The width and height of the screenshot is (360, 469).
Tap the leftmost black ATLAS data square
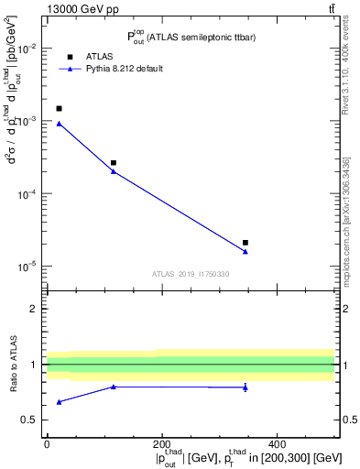tap(60, 108)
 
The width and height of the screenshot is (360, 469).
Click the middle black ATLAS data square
tap(114, 163)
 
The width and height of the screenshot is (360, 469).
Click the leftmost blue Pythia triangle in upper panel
tap(60, 124)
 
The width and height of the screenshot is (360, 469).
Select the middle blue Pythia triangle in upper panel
tap(114, 171)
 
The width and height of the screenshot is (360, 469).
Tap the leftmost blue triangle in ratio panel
tap(60, 402)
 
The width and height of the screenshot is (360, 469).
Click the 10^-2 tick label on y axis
tap(26, 49)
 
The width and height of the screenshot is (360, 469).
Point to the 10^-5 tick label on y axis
tap(26, 267)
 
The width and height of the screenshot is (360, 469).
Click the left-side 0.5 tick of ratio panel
tap(33, 420)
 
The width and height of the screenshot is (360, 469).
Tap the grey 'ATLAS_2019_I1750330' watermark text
tap(191, 274)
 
